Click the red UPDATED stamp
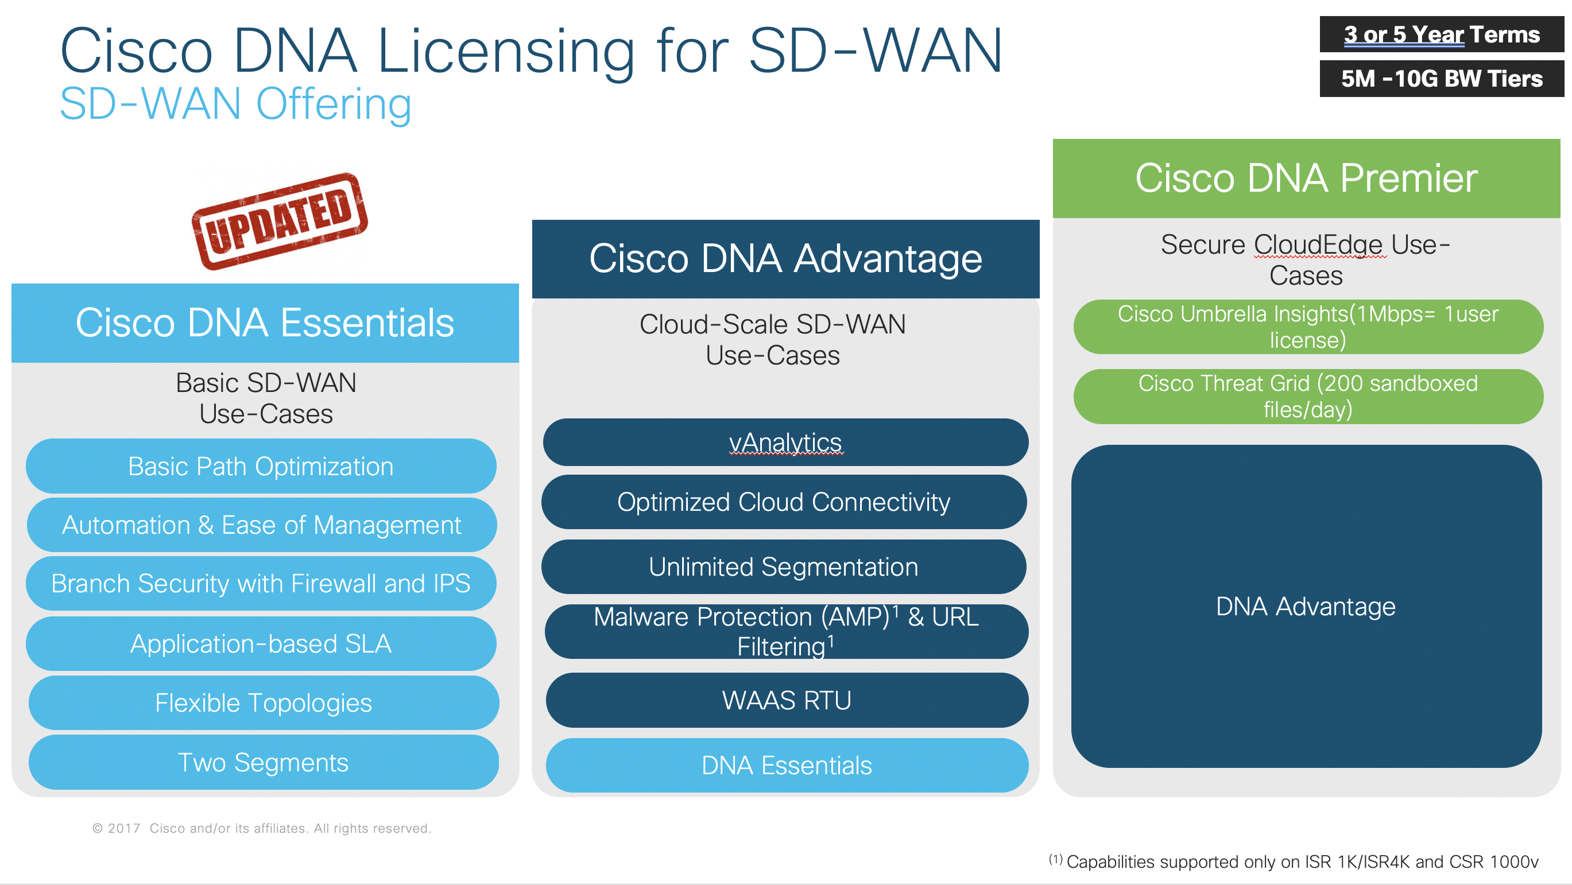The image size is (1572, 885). point(280,221)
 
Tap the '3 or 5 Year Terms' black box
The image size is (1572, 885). point(1442,34)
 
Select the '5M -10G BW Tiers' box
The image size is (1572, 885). point(1442,79)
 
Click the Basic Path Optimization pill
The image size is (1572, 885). point(261,466)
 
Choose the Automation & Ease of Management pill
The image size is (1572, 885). point(262,525)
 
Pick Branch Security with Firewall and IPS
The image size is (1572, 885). point(261,583)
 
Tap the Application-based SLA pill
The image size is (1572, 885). point(261,643)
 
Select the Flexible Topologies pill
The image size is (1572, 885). point(264,702)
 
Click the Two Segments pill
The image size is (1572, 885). point(264,762)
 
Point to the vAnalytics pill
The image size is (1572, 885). point(785,442)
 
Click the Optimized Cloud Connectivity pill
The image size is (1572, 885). point(784,502)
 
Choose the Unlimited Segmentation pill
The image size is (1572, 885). point(784,566)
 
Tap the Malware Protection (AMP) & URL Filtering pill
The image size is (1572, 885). point(787,631)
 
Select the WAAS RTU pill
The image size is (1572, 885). point(787,700)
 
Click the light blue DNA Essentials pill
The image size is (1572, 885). point(787,766)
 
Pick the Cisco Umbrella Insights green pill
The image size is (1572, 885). point(1308,327)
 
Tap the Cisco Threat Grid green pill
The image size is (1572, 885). point(1308,397)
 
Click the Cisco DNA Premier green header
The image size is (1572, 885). point(1306,178)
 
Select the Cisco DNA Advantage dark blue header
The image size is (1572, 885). point(785,259)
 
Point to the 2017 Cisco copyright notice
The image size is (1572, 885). point(261,828)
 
